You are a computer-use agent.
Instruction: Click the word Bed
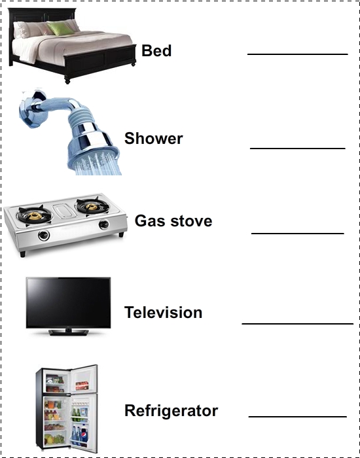[x=156, y=50]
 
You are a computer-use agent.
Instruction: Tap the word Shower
[x=153, y=138]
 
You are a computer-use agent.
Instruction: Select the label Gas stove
[x=173, y=220]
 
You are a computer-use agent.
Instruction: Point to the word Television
[x=163, y=312]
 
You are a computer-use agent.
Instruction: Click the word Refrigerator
[x=171, y=411]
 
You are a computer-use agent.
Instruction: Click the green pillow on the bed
[x=61, y=28]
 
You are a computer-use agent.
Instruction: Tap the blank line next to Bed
[x=297, y=54]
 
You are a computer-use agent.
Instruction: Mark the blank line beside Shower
[x=297, y=149]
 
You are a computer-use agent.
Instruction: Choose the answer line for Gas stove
[x=297, y=234]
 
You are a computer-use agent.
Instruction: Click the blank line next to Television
[x=297, y=324]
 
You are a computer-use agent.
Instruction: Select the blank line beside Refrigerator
[x=297, y=417]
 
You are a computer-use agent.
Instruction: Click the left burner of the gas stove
[x=35, y=215]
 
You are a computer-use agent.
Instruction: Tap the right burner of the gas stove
[x=92, y=206]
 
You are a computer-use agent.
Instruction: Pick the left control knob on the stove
[x=44, y=236]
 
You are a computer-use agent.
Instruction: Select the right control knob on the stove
[x=103, y=224]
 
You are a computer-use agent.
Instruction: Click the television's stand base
[x=68, y=332]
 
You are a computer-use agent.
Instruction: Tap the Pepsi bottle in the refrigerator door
[x=84, y=435]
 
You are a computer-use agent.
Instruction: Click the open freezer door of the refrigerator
[x=84, y=379]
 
